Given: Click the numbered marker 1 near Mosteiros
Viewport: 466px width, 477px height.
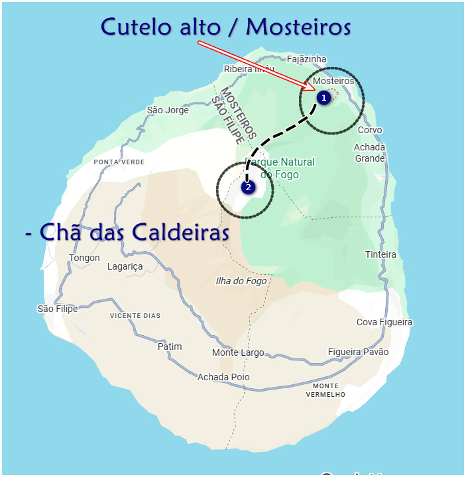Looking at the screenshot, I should pos(323,98).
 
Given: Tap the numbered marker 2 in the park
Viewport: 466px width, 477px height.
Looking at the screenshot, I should pos(248,187).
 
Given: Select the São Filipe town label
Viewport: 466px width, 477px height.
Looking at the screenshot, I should pos(57,309).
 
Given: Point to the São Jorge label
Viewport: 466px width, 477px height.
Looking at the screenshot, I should pos(168,110).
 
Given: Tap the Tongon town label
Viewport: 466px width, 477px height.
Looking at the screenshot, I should pos(84,258).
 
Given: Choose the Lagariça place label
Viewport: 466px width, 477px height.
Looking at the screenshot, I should pos(125,267).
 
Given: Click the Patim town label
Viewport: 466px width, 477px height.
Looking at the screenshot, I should pos(169,346).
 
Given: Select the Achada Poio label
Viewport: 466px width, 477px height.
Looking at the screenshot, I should pos(223,377).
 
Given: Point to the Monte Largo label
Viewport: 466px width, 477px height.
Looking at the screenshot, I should pos(238,353).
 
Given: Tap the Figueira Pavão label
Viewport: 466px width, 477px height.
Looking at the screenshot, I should pos(358,352).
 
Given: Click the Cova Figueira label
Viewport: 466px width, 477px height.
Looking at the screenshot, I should pos(384,323).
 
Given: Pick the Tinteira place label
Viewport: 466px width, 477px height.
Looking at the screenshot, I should pos(380,254).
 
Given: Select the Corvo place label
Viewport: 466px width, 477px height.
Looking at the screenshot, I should pos(370,131).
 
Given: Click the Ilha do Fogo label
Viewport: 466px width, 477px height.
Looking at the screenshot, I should pos(241,281).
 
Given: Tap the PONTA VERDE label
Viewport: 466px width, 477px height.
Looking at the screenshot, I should pos(119,162).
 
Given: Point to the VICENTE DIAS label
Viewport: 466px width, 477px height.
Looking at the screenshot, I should pos(135,316).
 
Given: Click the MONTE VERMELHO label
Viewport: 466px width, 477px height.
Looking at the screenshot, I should pos(325,390).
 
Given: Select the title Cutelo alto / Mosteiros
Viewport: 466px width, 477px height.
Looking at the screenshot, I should pos(225,26).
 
